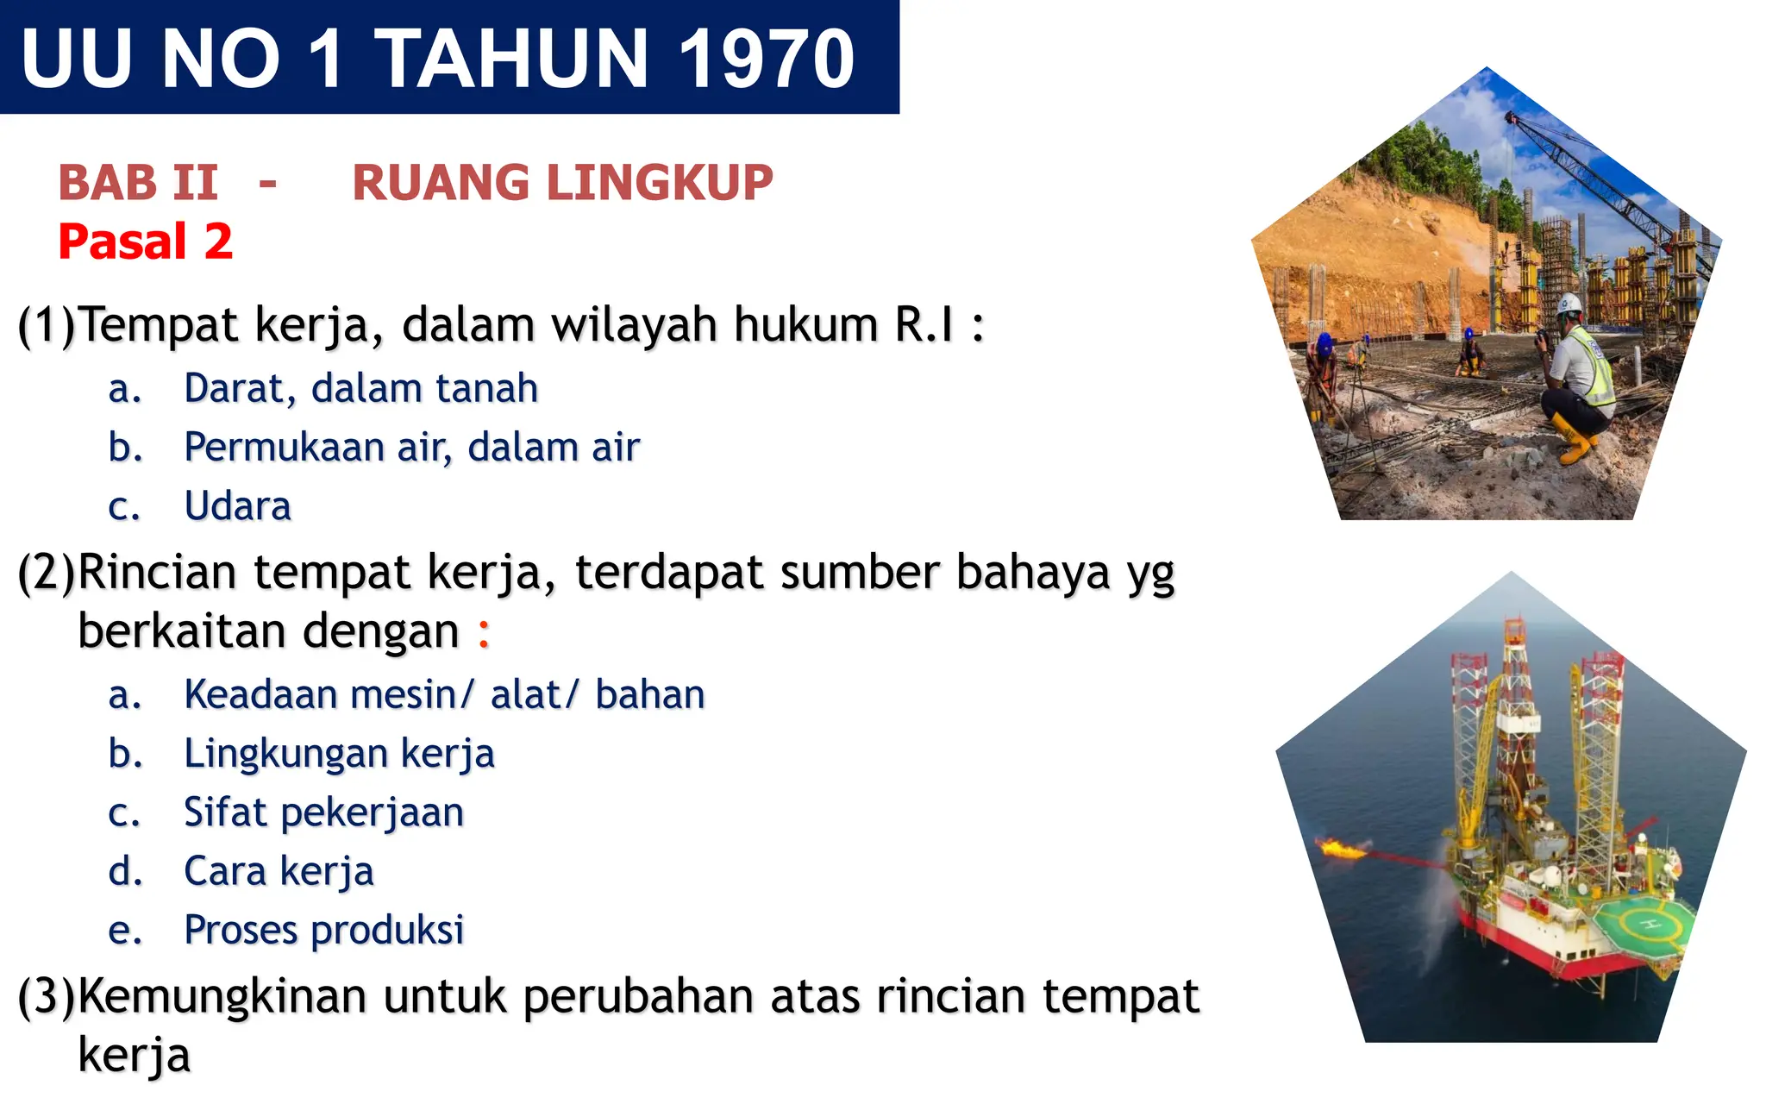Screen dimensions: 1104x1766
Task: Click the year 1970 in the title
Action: pyautogui.click(x=767, y=59)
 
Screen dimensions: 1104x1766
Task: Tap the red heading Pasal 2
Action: pyautogui.click(x=145, y=241)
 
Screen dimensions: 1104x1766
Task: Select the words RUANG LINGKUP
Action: pyautogui.click(x=562, y=183)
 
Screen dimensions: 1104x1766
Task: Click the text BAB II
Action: pyautogui.click(x=138, y=183)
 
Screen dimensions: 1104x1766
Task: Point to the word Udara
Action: pyautogui.click(x=238, y=506)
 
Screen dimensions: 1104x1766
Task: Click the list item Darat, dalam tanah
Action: pyautogui.click(x=360, y=389)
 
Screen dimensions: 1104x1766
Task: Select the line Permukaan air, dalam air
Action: pyautogui.click(x=411, y=448)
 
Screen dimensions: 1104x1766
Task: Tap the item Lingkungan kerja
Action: pyautogui.click(x=339, y=754)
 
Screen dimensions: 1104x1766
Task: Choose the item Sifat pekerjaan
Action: pyautogui.click(x=323, y=812)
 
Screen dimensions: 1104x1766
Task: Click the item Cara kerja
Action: pyautogui.click(x=279, y=871)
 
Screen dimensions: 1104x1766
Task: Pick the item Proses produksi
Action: pyautogui.click(x=323, y=930)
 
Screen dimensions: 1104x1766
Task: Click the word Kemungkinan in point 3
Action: pyautogui.click(x=222, y=997)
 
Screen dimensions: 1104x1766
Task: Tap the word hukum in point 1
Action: pyautogui.click(x=805, y=325)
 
